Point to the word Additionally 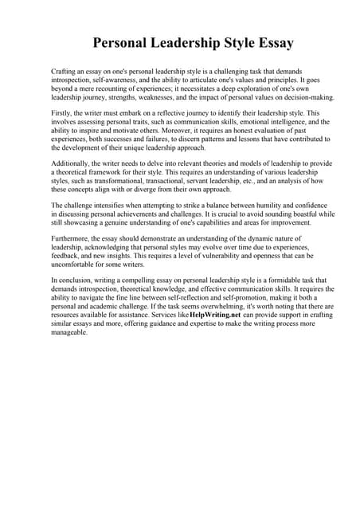pos(72,163)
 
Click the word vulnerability pos(225,256)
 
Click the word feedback pos(66,256)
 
